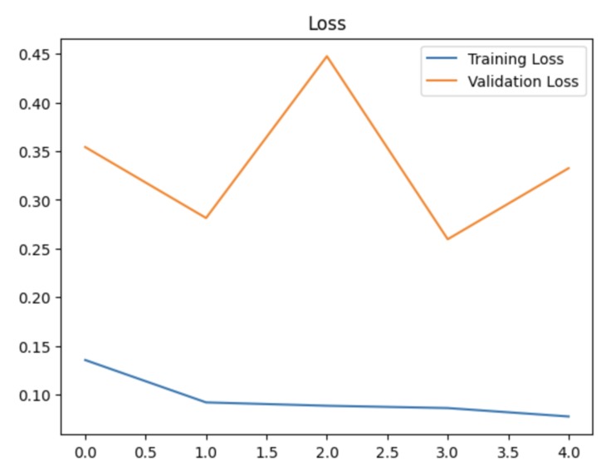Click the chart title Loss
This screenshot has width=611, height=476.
tap(327, 23)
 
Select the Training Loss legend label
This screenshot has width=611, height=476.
tap(516, 59)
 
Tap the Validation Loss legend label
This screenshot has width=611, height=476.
tap(523, 81)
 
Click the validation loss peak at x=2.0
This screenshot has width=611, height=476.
tap(327, 56)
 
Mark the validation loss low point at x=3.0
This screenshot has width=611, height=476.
tap(448, 239)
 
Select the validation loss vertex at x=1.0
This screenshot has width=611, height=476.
tap(206, 218)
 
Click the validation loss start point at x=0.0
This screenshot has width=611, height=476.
tap(85, 147)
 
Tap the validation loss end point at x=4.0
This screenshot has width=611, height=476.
tap(569, 168)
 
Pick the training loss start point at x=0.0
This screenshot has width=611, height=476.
tap(85, 360)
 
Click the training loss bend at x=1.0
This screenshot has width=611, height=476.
tap(206, 402)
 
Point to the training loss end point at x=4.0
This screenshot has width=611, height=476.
tap(569, 416)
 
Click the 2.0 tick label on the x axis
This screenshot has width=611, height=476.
tap(327, 453)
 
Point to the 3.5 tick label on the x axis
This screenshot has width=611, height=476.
tap(509, 453)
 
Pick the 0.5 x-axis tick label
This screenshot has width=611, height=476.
tap(145, 453)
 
